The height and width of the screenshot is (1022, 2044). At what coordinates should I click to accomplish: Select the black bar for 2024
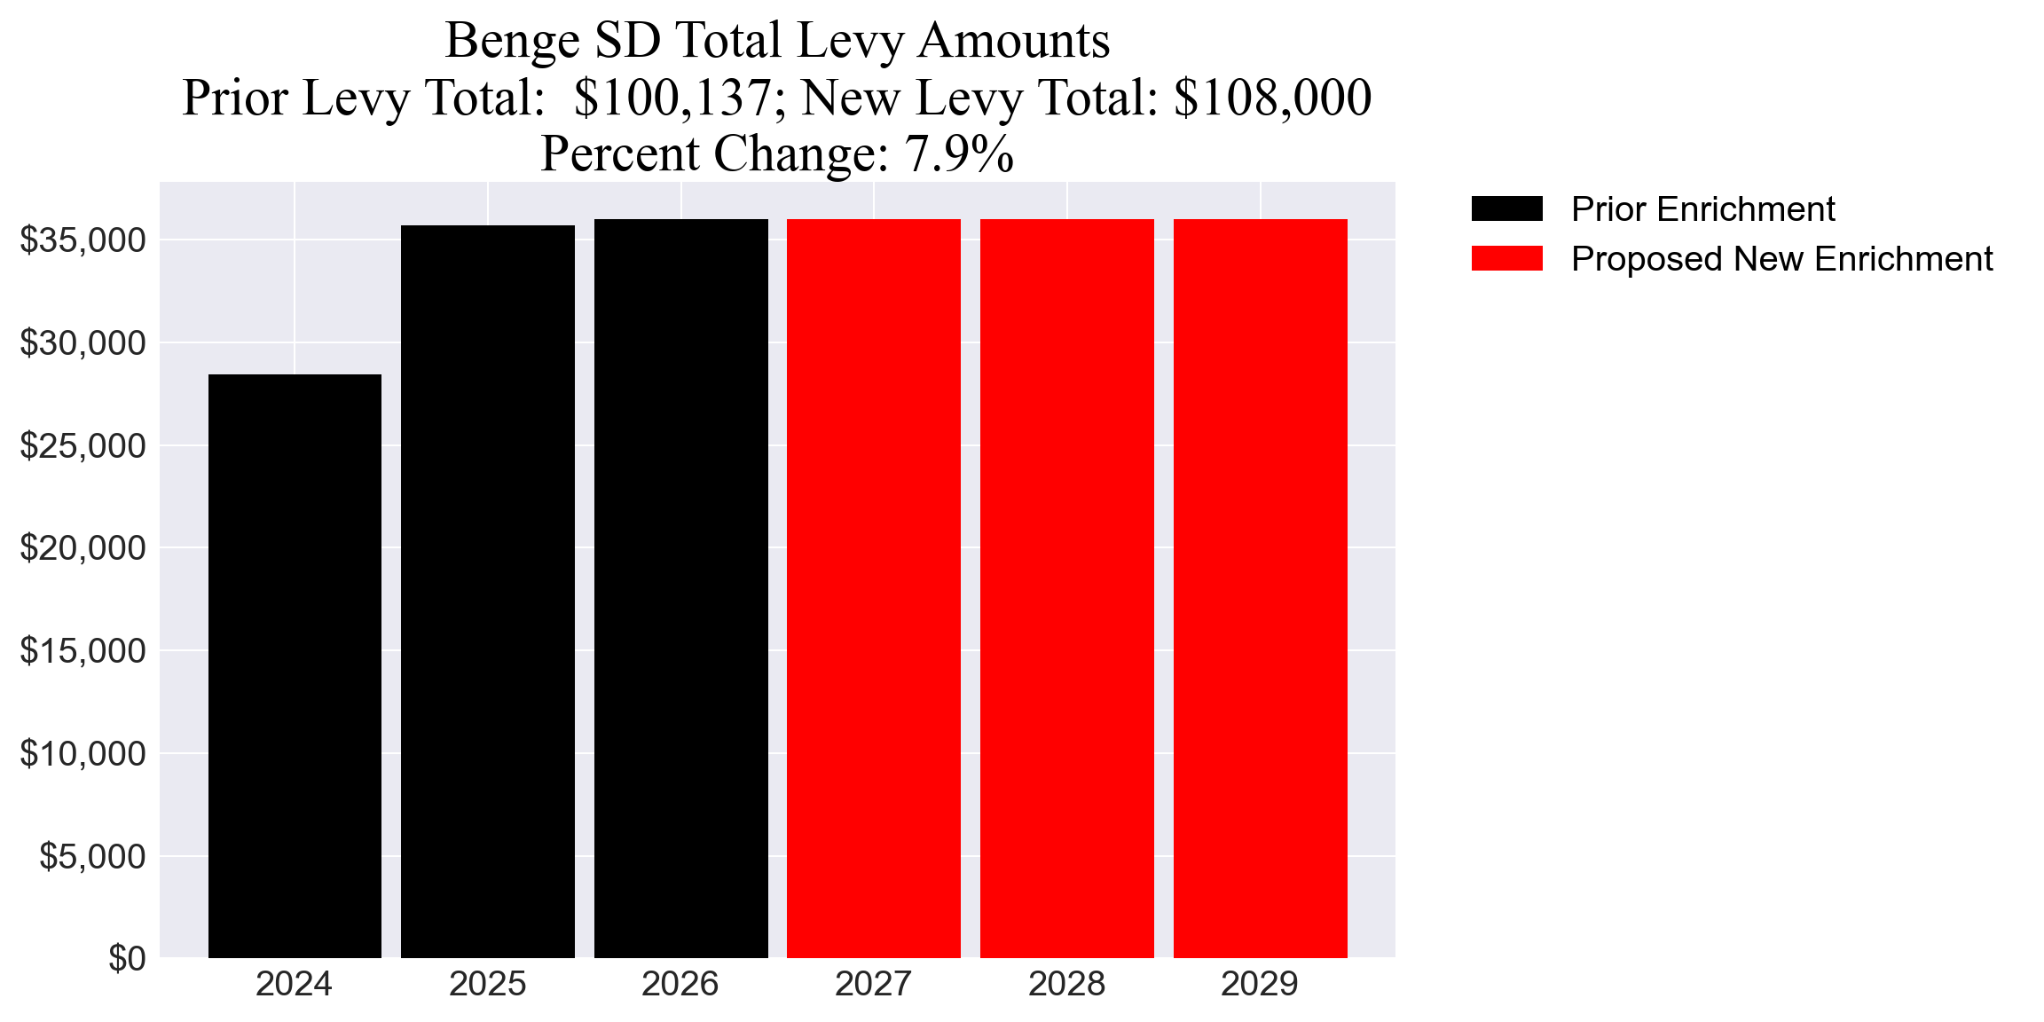point(295,665)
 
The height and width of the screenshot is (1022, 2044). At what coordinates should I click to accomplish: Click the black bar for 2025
point(488,591)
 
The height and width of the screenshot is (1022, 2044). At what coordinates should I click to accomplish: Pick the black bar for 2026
point(680,587)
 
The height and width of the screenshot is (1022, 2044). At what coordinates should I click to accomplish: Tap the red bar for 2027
point(874,587)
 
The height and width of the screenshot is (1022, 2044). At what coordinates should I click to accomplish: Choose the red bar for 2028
point(1067,587)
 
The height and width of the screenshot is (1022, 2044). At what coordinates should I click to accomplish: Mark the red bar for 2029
point(1260,587)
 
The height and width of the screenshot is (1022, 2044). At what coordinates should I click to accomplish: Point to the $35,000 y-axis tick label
point(83,240)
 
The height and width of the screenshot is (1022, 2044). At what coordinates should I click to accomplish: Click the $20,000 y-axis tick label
point(83,548)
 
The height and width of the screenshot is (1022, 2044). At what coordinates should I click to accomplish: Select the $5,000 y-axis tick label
point(92,857)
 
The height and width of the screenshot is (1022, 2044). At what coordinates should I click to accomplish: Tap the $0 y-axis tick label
point(127,959)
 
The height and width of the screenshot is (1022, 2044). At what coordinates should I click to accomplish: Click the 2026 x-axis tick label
point(680,985)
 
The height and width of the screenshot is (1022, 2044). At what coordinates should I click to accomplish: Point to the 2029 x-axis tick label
point(1260,985)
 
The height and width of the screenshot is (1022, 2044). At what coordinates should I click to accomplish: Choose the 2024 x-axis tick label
point(295,985)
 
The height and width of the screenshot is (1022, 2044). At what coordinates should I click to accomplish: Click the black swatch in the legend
point(1506,209)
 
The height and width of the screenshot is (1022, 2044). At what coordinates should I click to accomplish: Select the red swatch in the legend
point(1506,259)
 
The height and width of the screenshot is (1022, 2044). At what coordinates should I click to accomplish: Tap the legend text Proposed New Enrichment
point(1781,259)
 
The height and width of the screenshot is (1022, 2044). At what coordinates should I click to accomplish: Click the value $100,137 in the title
point(672,98)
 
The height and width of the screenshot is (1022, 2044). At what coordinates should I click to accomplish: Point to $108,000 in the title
point(1272,98)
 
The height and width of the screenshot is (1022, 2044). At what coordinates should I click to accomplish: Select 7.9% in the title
point(959,153)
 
